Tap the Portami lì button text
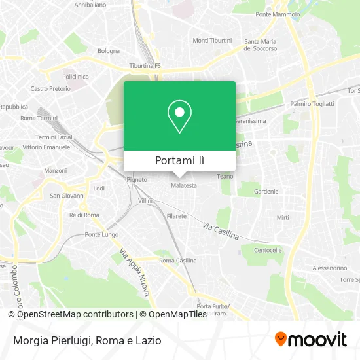[179, 160]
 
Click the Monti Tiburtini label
[212, 40]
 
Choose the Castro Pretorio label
[49, 88]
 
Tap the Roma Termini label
[39, 118]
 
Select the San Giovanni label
[68, 195]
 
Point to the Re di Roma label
[83, 215]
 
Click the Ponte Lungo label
[101, 234]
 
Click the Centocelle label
[268, 250]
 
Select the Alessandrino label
[330, 268]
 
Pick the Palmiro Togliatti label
[312, 103]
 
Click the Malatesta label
[184, 185]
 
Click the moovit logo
[310, 339]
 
